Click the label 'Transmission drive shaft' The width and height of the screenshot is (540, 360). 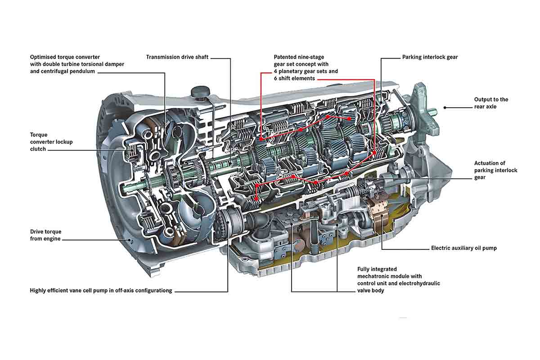coord(177,57)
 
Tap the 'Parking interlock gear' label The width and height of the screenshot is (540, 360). coord(430,57)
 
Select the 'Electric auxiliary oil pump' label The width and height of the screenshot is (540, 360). coord(463,248)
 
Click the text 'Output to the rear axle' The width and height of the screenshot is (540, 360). coord(491,103)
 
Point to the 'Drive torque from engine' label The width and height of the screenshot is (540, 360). coord(45,235)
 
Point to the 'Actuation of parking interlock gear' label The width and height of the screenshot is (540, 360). coord(495,170)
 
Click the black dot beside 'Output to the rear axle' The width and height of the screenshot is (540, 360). coord(445,107)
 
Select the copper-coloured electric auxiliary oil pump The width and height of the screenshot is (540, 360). coord(378,211)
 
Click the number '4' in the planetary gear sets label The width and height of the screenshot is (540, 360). coord(275,72)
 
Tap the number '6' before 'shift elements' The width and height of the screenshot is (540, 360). coord(275,78)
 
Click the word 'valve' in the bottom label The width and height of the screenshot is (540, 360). coord(364,291)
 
